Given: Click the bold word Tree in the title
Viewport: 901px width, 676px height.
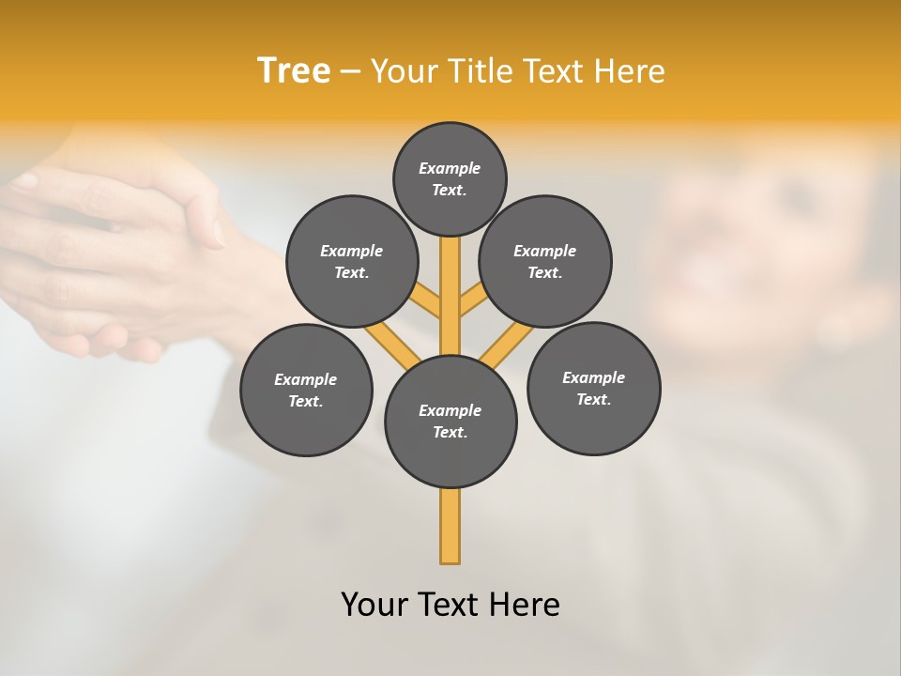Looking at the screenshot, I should pos(294,70).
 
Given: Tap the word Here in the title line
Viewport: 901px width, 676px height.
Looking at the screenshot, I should pos(632,70).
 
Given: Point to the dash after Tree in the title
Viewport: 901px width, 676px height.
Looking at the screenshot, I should pos(350,71).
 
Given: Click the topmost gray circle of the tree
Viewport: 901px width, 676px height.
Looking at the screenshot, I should pos(450,178).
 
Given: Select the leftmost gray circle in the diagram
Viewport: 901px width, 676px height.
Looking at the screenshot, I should pos(306,390).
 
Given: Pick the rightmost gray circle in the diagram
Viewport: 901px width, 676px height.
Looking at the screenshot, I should pos(593,388).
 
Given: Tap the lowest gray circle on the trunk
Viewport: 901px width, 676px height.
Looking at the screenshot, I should pos(450,421).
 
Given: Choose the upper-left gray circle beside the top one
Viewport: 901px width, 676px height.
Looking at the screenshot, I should pos(351,261).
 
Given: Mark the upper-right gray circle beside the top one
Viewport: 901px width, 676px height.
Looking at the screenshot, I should pos(544,261).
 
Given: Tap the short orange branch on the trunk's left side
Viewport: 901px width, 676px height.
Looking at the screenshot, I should pos(427,301).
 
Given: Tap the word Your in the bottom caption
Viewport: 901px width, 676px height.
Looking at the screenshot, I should pos(374,604).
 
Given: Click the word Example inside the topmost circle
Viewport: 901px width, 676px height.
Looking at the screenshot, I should pos(450,168).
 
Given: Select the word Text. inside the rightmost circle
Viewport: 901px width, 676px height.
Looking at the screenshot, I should pos(593,399).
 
